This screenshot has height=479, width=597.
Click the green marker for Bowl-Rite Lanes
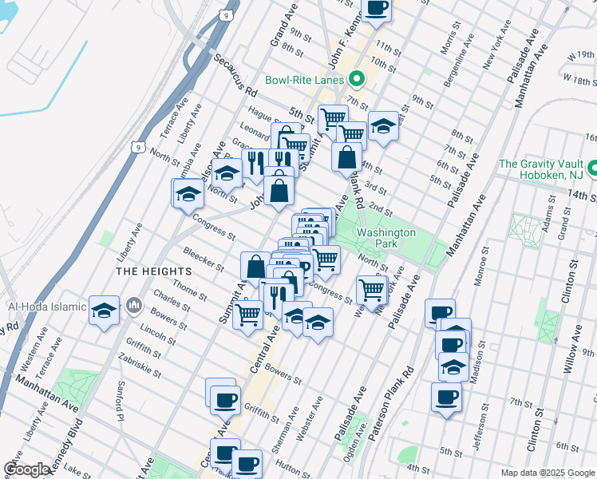click(357, 80)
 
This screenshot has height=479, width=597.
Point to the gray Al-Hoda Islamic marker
click(134, 305)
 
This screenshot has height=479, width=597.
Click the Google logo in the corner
click(26, 469)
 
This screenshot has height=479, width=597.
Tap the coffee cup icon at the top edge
click(377, 7)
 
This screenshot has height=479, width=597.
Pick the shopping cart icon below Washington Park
click(372, 288)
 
